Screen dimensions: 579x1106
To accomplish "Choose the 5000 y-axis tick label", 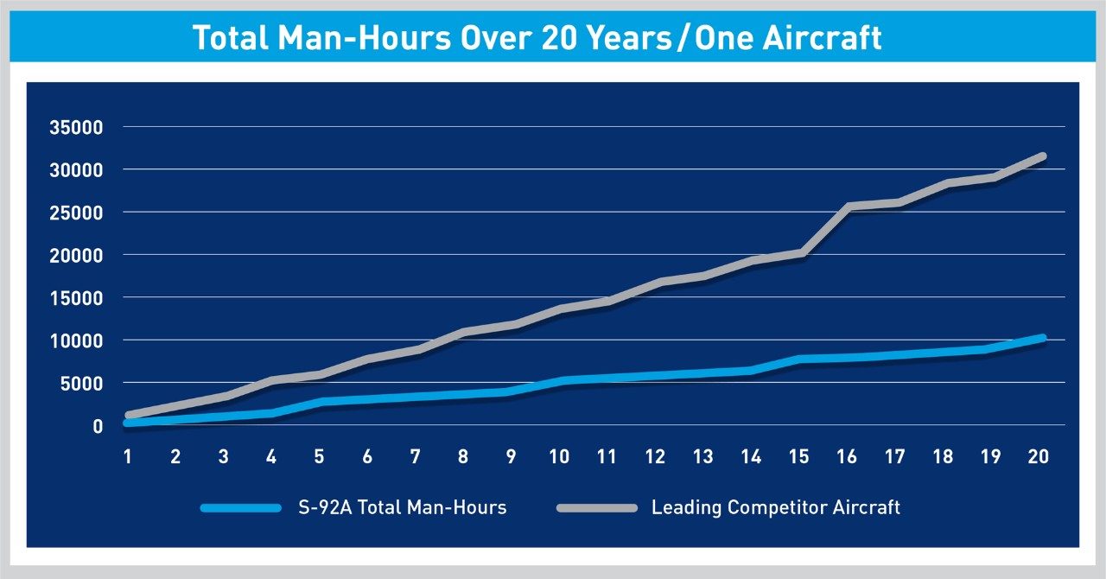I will pos(84,383).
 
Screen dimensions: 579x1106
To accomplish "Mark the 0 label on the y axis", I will pos(98,425).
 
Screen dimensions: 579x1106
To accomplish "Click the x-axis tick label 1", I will pos(128,455).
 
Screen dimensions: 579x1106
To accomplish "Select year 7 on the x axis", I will pos(416,455).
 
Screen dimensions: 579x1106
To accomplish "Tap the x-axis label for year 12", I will pos(655,455).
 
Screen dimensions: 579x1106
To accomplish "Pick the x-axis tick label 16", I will pos(847,455).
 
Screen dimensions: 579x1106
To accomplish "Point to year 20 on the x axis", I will pos(1039,455).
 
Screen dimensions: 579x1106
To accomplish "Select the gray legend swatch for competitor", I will pos(595,507).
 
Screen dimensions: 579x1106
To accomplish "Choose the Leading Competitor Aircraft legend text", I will pos(775,507).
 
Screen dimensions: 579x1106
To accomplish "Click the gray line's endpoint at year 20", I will pos(1042,156).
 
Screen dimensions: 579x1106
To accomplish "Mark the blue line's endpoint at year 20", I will pos(1042,338).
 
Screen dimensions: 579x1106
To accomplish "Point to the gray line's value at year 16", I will pos(849,207).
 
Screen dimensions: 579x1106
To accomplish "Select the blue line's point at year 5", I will pos(321,402).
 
